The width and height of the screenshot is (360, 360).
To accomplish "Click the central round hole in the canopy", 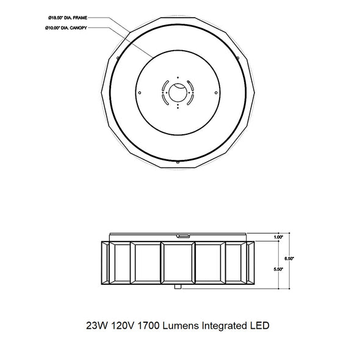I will pos(177,93).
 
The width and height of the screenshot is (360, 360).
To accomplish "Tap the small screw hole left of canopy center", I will pos(140,93).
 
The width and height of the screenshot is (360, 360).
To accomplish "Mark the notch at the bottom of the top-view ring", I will pos(177,163).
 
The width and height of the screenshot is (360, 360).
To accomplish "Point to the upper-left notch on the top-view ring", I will pos(115,57).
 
